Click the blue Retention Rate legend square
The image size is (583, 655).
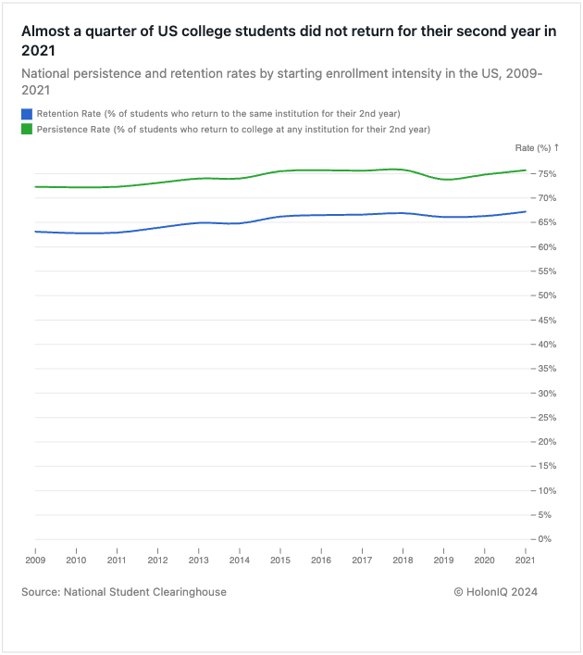coord(27,113)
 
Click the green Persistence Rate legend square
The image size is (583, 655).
coord(27,129)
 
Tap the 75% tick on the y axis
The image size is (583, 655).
coord(547,174)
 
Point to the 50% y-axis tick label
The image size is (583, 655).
coord(547,296)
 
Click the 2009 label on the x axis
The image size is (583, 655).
coord(35,560)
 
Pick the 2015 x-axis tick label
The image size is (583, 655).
coord(279,560)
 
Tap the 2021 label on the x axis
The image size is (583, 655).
coord(525,560)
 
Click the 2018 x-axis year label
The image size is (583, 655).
coord(403,560)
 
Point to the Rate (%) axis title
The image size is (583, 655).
coord(536,148)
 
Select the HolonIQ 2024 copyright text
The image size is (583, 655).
coord(496,592)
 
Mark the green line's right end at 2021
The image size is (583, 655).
coord(526,170)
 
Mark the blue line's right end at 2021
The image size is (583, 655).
coord(526,211)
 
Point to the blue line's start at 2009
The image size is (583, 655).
coord(35,232)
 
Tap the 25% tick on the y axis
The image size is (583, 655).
coord(547,417)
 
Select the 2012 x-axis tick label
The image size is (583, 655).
coord(157,560)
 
